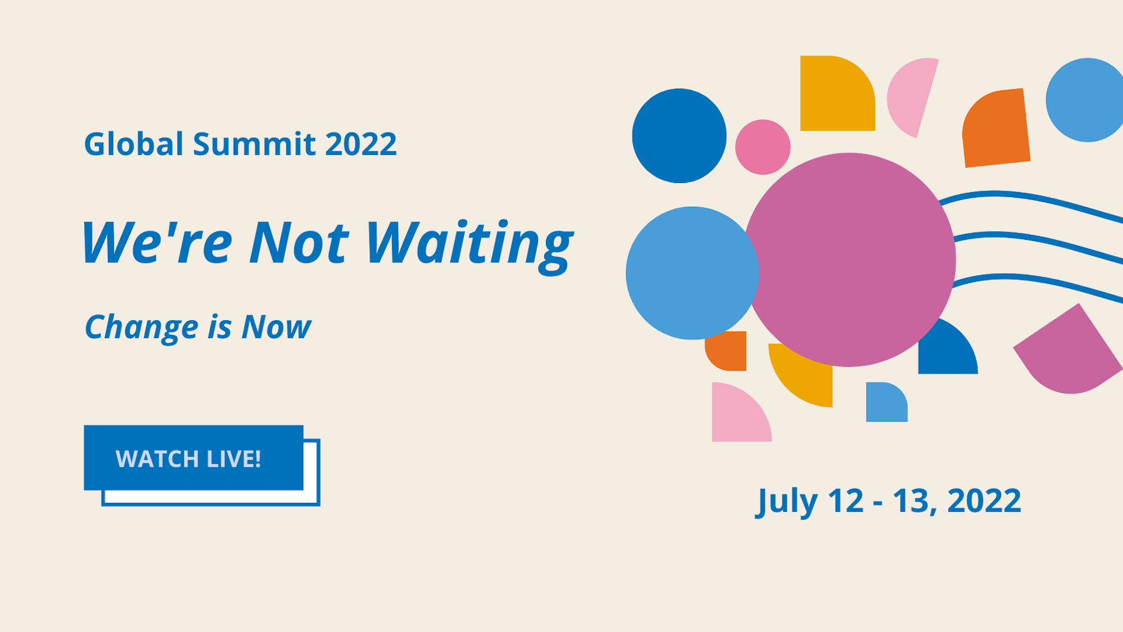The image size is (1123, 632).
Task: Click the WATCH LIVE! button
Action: [x=194, y=458]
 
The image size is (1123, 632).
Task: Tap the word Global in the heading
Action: [x=134, y=144]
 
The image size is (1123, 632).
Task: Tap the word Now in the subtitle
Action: [x=276, y=327]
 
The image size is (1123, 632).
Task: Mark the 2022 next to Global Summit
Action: [x=360, y=144]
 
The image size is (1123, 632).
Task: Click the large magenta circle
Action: [x=849, y=260]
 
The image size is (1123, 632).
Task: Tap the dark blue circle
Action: [x=679, y=135]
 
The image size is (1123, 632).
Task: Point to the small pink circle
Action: [x=763, y=147]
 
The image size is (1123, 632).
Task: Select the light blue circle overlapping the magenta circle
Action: [x=692, y=273]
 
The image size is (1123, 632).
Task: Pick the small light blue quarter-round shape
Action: [x=887, y=402]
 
